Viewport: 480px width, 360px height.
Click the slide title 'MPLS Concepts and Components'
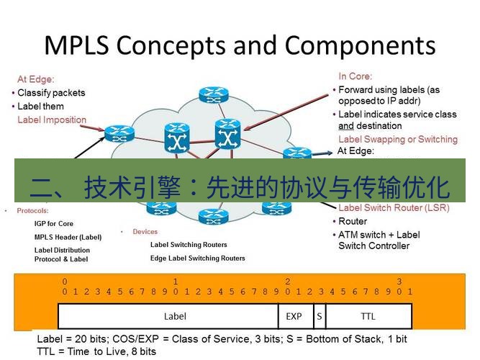240,45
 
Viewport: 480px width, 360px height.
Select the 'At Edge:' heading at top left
36,79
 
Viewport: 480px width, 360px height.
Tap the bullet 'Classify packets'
51,93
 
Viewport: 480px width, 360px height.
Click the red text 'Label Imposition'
52,120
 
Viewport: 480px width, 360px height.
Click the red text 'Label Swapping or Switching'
397,139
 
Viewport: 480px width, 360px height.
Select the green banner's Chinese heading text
240,187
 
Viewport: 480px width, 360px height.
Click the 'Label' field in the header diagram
175,316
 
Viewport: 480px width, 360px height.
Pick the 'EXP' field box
294,316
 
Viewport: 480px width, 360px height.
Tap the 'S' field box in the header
318,316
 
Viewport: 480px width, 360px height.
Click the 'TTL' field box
368,316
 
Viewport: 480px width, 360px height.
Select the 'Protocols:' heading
32,211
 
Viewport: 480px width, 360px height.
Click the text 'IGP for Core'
54,224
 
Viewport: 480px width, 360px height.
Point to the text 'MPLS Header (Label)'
68,237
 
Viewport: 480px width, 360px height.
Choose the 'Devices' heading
145,232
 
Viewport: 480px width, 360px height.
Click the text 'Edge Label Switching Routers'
197,258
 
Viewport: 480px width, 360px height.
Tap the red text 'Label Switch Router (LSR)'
394,208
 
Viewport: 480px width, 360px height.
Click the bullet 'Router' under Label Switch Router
353,222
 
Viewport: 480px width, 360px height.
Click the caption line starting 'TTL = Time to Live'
96,351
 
